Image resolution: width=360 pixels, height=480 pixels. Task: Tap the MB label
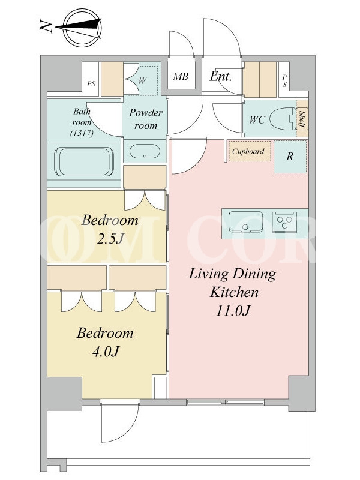pos(181,76)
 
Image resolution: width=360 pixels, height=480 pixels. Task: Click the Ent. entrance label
pos(220,76)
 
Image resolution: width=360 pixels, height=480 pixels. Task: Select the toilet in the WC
pos(283,119)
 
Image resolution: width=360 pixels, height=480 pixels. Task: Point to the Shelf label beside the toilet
pos(302,119)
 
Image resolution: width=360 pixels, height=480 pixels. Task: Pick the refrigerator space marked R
pos(290,157)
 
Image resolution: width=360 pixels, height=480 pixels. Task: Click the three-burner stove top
pos(284,221)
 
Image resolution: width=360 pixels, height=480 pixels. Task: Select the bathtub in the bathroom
pos(84,161)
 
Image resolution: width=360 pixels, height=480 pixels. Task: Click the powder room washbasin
pos(145,152)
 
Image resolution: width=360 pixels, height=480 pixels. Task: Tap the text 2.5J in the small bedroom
pos(110,239)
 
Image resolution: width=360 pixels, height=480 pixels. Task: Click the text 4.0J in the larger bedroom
pos(106,352)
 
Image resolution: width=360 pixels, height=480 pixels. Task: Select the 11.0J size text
pos(233,311)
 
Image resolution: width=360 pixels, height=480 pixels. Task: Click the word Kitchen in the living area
pos(234,292)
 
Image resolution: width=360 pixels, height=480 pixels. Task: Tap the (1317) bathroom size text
pos(82,133)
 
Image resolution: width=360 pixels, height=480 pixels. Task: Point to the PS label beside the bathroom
pos(91,83)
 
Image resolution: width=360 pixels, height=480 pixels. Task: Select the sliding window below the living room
pos(226,402)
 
